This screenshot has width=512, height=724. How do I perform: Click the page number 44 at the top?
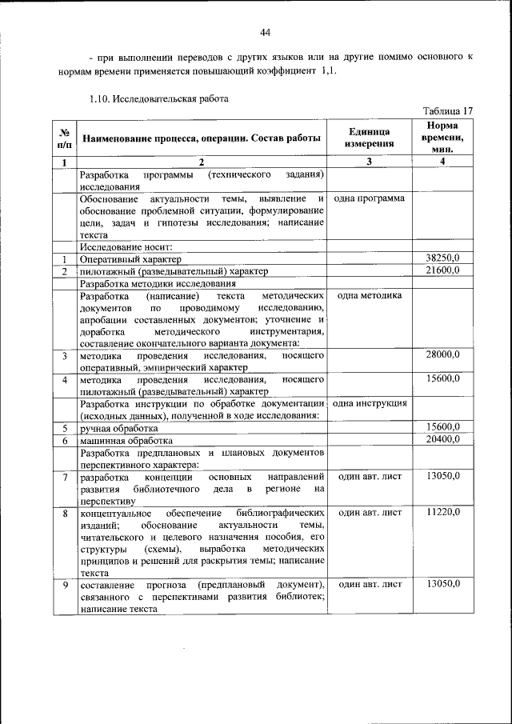tap(266, 32)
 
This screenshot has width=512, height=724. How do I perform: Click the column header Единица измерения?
tap(370, 138)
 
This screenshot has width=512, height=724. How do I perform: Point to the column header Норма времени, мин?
tap(442, 138)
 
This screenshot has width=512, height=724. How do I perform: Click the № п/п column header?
tap(64, 138)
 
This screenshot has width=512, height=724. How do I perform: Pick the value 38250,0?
tap(442, 258)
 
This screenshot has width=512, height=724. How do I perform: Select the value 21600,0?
tap(442, 270)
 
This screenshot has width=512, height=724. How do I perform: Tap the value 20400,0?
tap(442, 439)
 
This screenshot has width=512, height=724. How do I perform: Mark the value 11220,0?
tap(442, 510)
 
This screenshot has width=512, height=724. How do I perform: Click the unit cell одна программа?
tap(369, 198)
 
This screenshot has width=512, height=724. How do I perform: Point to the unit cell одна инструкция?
tap(370, 403)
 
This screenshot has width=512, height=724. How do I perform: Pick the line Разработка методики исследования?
tap(157, 283)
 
